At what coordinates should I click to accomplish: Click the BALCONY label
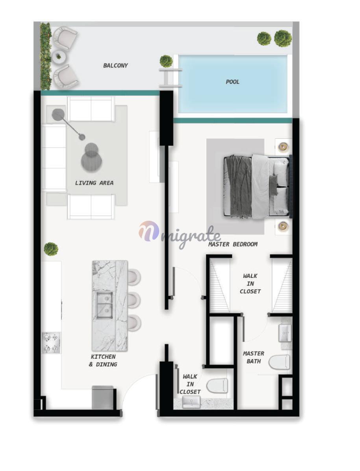115,65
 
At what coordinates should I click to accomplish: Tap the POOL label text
232,82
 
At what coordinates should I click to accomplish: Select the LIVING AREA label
94,182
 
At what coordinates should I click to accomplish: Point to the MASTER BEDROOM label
233,244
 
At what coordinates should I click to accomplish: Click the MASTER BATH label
253,357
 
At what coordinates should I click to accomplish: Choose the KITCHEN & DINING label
103,361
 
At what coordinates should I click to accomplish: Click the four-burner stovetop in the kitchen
51,343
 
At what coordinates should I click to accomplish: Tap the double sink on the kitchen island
104,304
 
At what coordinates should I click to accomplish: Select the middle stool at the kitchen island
134,300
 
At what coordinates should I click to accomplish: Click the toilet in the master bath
279,362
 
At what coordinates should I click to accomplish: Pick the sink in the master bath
285,333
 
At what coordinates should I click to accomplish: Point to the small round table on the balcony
58,56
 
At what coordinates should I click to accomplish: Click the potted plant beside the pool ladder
166,61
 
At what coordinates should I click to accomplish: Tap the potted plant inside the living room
51,249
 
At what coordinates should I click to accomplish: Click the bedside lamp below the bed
282,225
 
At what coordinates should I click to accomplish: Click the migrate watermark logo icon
148,231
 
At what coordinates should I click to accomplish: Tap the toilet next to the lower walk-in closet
217,386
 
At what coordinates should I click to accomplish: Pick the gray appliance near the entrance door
102,397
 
